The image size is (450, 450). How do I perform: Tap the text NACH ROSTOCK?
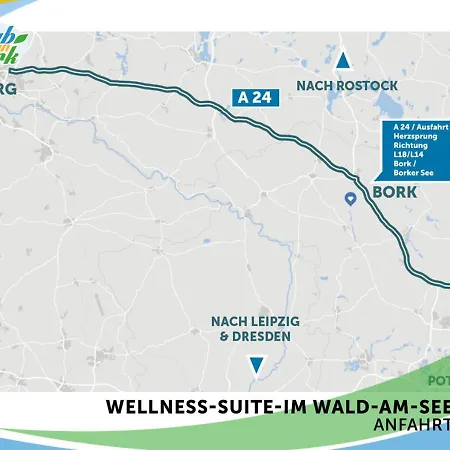click(343, 87)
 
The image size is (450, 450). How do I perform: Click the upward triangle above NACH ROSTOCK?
click(343, 61)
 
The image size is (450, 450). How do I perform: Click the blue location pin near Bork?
click(351, 199)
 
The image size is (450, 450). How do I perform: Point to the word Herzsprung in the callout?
click(415, 137)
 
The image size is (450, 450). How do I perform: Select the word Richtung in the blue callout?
click(411, 146)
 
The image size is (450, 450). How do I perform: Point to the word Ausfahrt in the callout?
click(431, 128)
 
